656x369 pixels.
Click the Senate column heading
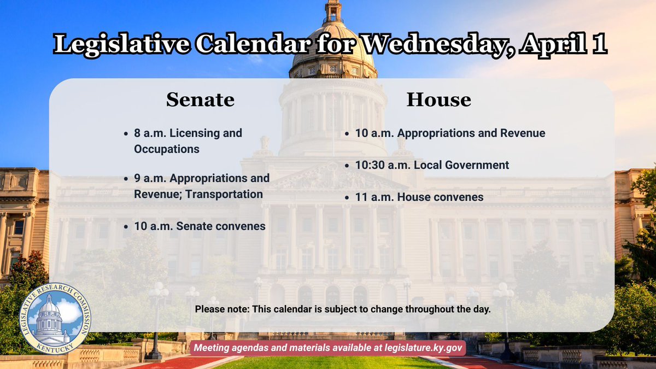click(200, 100)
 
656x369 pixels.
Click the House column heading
click(438, 100)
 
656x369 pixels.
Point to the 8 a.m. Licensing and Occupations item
click(188, 141)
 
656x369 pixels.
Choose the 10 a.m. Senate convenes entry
click(200, 226)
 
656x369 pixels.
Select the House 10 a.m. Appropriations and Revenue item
click(449, 133)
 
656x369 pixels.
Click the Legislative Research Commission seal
click(52, 319)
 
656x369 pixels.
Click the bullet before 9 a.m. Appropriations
click(127, 178)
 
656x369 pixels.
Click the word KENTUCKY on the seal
click(52, 348)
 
